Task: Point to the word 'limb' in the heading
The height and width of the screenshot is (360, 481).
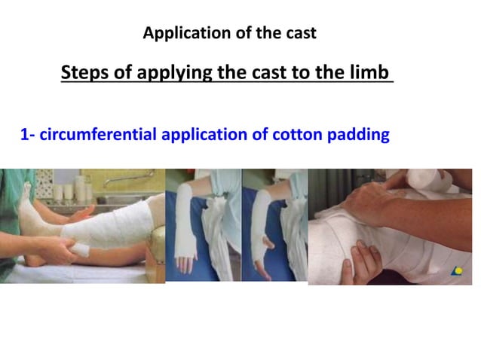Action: pos(371,73)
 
